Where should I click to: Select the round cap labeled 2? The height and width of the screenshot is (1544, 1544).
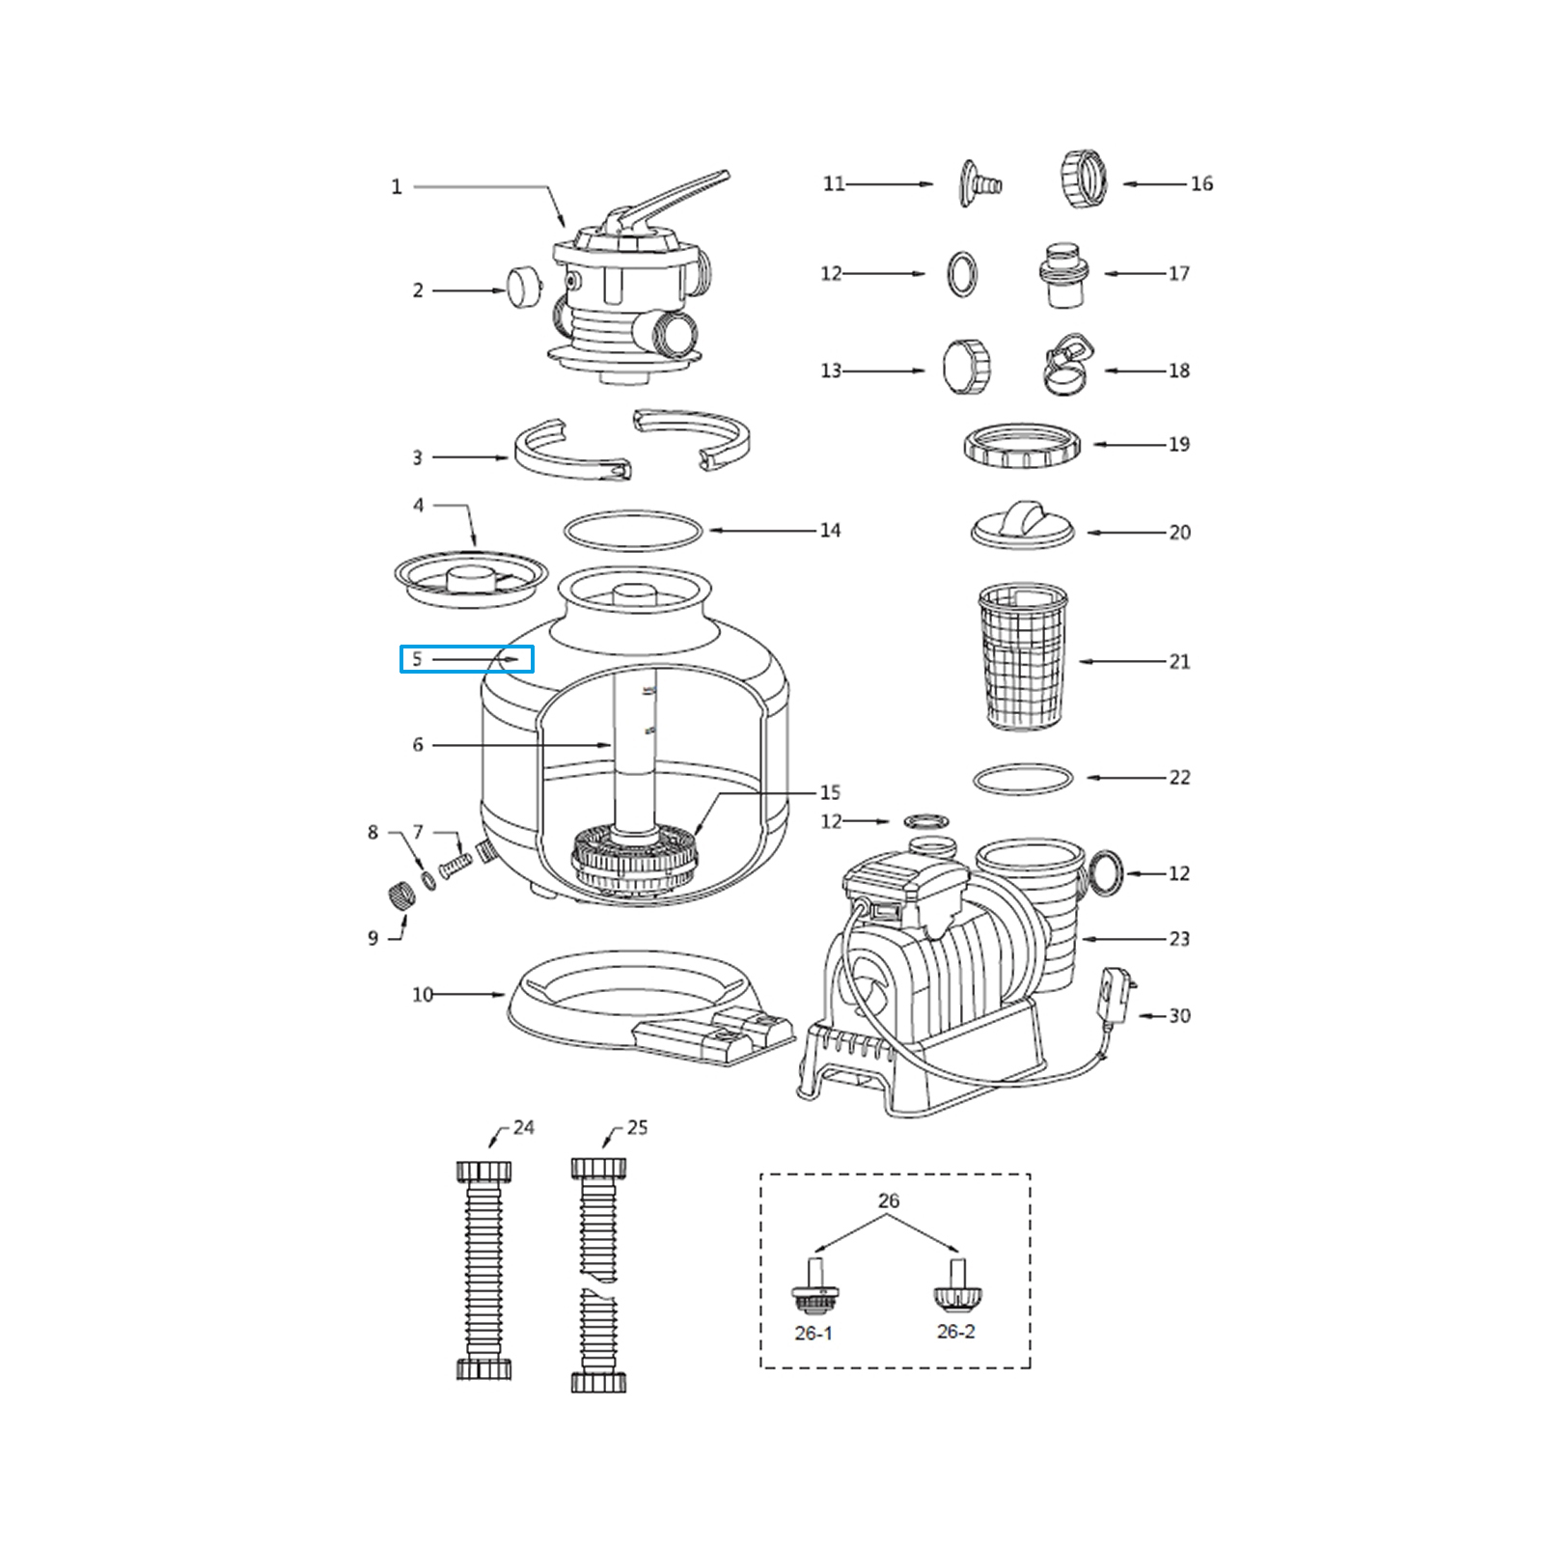(524, 289)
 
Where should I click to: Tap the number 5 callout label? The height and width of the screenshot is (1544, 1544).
(417, 660)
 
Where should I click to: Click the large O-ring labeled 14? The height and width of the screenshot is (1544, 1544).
(633, 530)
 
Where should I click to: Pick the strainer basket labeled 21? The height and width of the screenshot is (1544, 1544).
(1022, 655)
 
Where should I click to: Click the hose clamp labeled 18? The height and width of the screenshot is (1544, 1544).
(1069, 365)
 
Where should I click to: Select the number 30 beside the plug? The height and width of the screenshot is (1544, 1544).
(1179, 1016)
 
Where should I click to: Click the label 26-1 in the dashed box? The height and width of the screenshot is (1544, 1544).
(813, 1333)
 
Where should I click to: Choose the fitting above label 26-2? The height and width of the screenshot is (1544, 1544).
(955, 1286)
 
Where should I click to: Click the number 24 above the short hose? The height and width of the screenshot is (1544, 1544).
(523, 1127)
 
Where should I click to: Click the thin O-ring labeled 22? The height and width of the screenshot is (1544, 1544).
(1022, 778)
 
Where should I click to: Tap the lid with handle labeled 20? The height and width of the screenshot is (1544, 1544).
(1022, 526)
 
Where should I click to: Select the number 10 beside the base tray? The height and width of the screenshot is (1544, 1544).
(423, 995)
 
